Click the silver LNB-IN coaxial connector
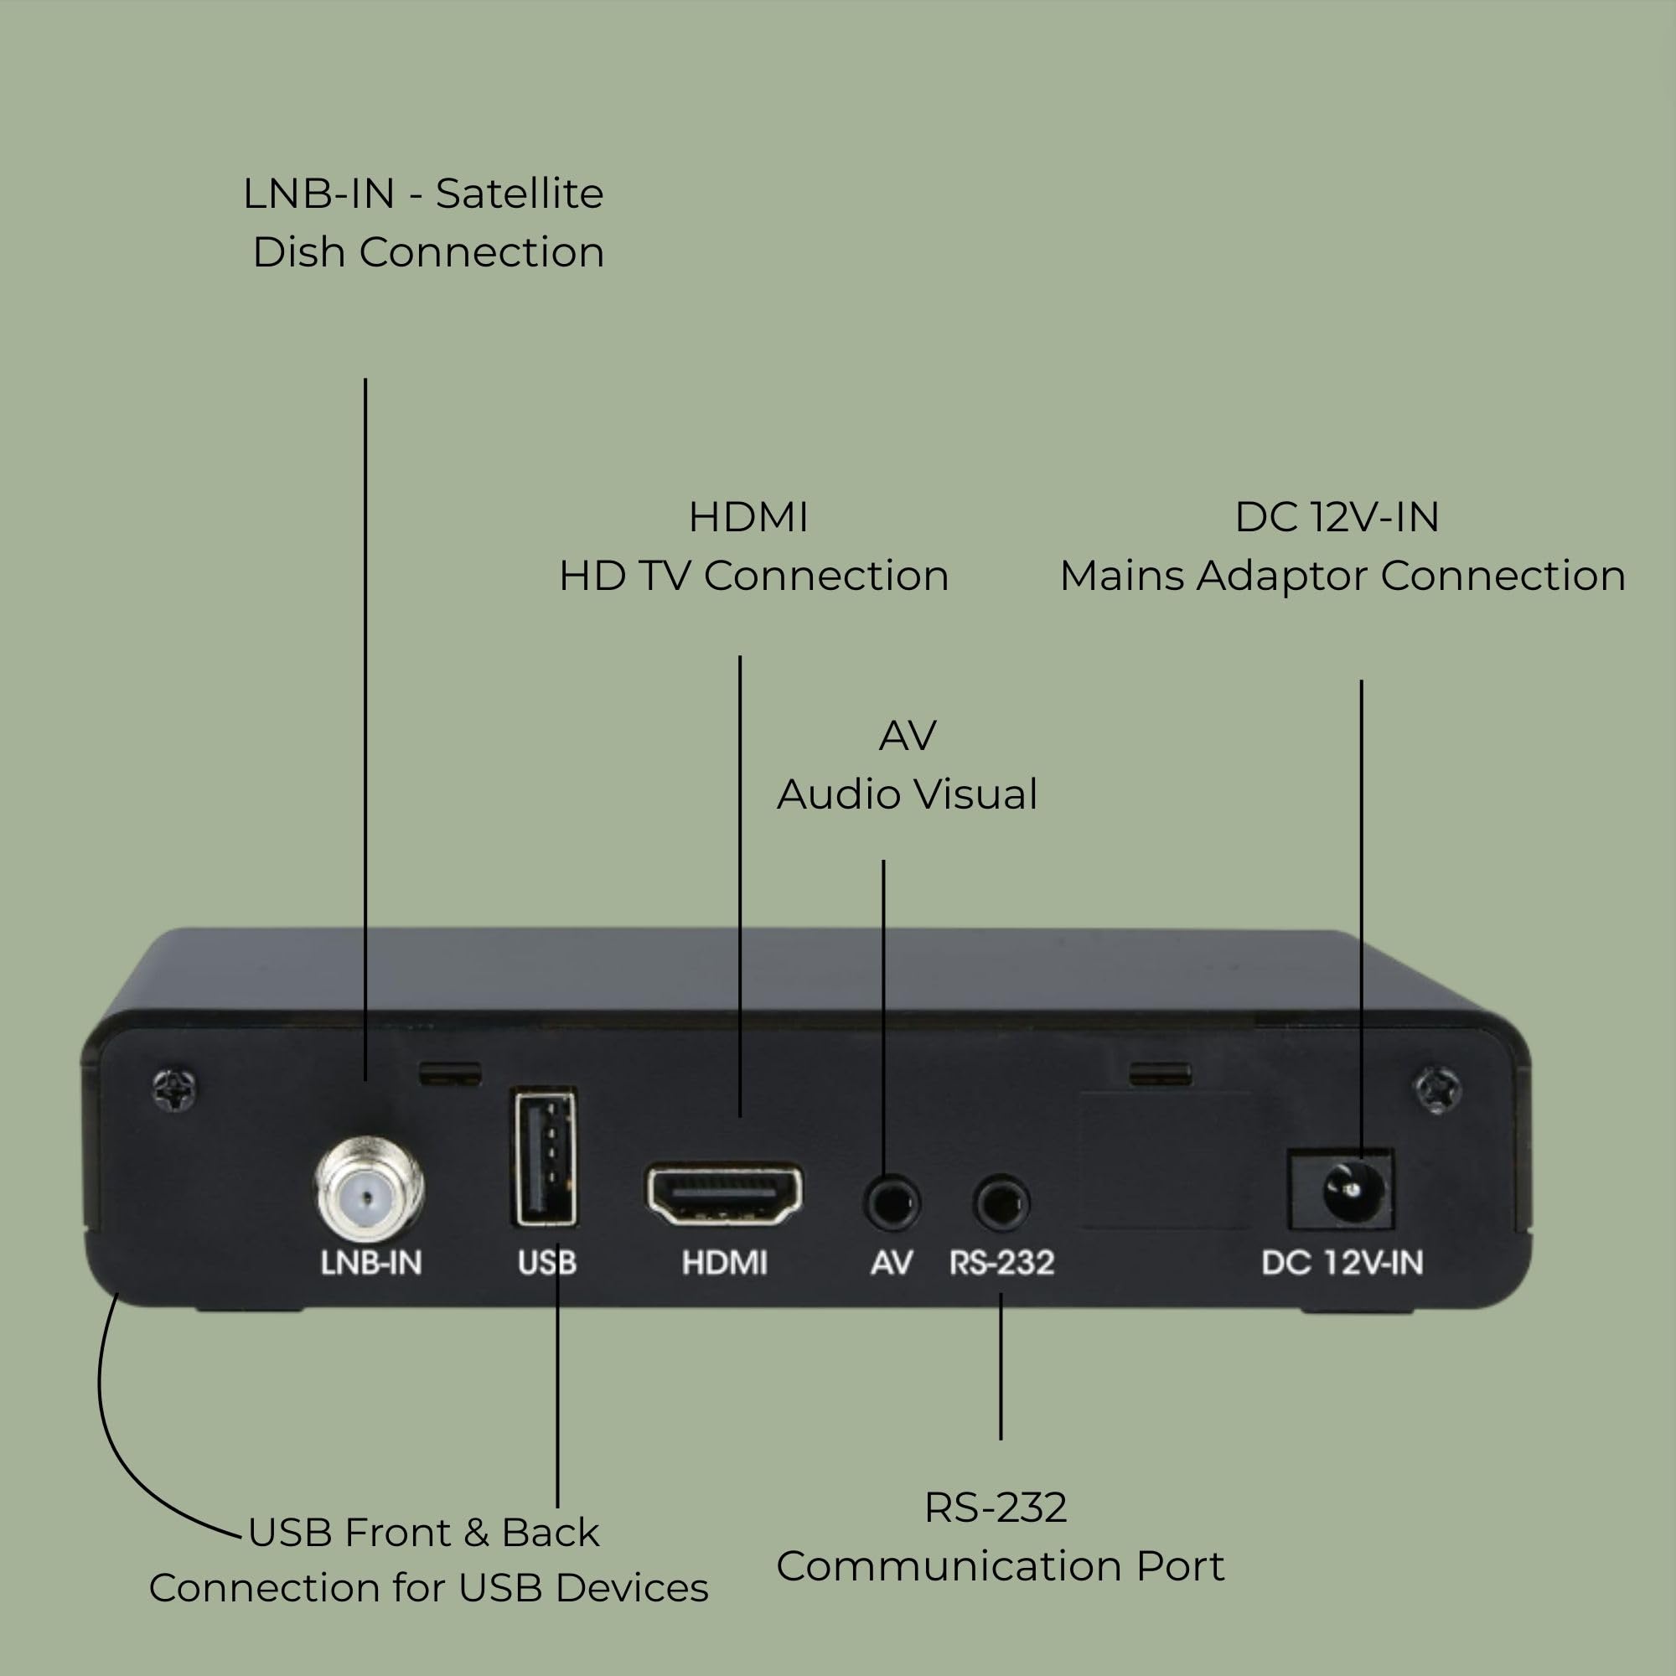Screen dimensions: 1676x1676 (369, 1192)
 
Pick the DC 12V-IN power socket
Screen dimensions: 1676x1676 (1342, 1190)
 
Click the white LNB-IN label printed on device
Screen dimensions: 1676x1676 (371, 1263)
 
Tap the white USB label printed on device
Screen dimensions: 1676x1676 (546, 1263)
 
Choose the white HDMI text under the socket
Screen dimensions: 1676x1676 (724, 1263)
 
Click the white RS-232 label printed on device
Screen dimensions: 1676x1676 (1002, 1263)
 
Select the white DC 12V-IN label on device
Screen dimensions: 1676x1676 (1342, 1263)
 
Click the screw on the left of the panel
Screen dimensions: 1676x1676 (174, 1088)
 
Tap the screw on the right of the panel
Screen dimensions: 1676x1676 (1437, 1089)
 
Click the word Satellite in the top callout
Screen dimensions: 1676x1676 (519, 194)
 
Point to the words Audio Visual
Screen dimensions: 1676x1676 (907, 794)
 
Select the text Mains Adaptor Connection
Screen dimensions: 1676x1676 (1342, 576)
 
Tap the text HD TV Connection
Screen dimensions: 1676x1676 (753, 576)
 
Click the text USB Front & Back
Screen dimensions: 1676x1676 (423, 1533)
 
